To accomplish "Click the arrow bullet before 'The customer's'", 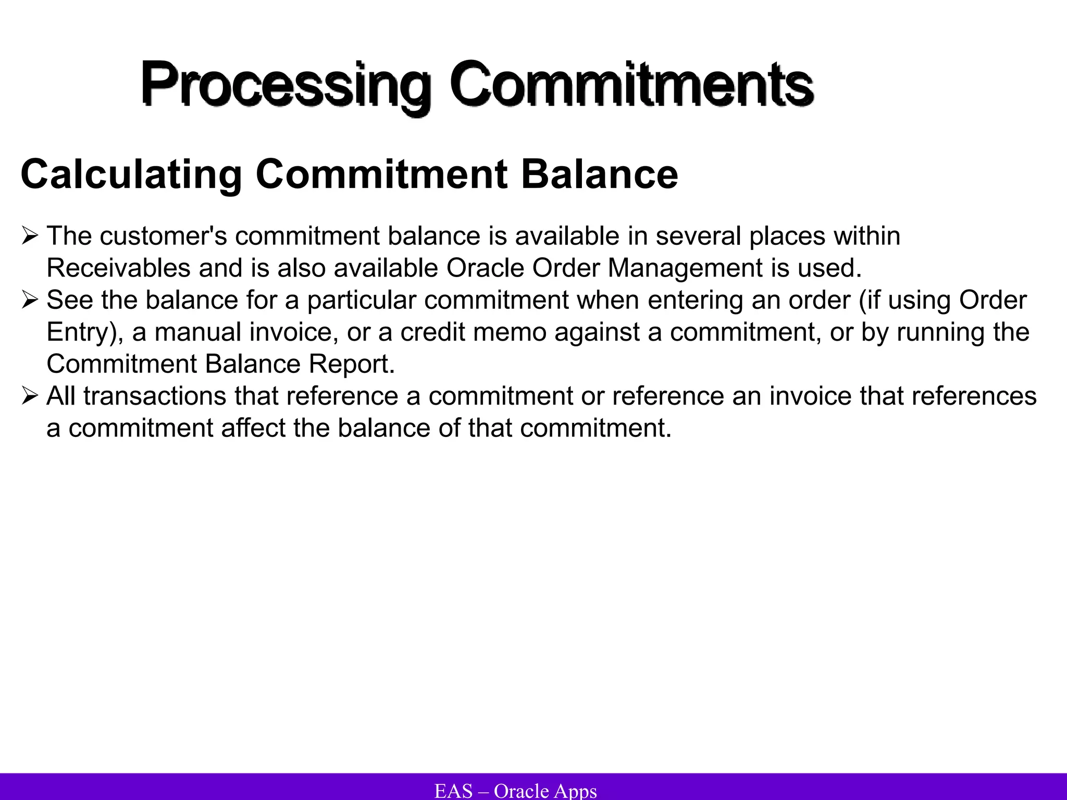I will pyautogui.click(x=30, y=236).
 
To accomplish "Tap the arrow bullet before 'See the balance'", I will pyautogui.click(x=30, y=301).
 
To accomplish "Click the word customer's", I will pyautogui.click(x=163, y=236).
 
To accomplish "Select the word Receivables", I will pyautogui.click(x=118, y=268).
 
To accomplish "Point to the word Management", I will pyautogui.click(x=685, y=268).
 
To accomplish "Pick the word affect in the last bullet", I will pyautogui.click(x=253, y=428).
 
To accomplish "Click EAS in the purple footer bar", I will pyautogui.click(x=453, y=791).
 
